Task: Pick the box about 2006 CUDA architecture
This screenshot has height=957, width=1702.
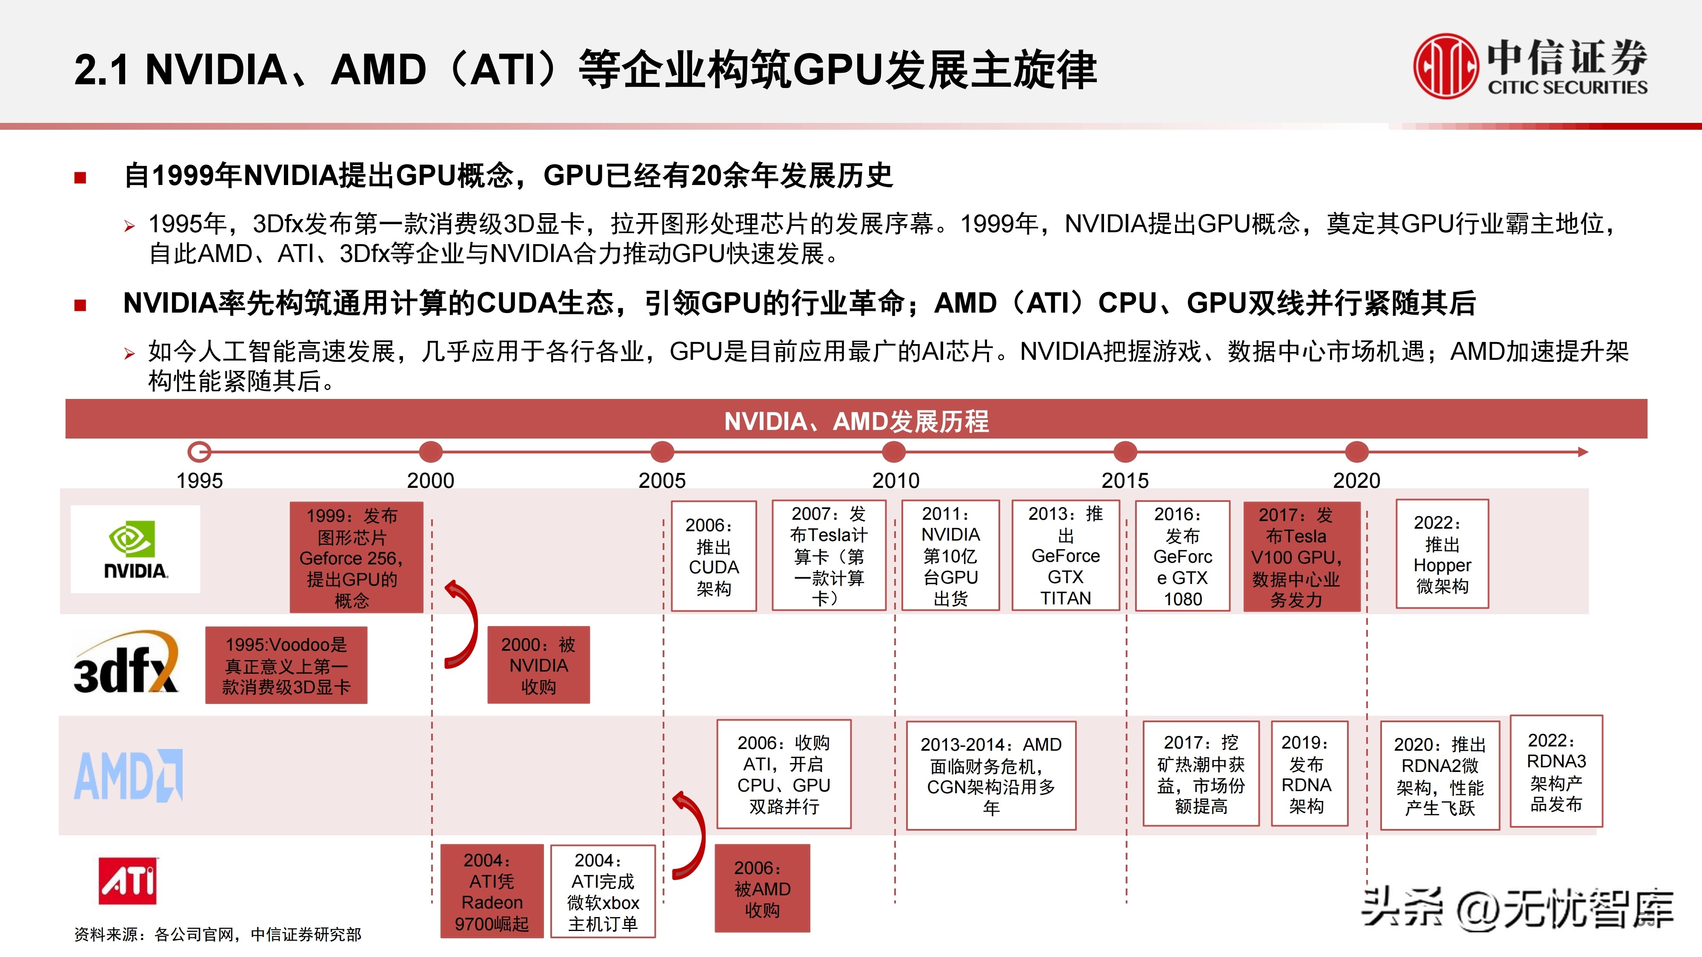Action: [x=714, y=556]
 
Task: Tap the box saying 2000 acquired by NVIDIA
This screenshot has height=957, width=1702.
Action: [x=538, y=665]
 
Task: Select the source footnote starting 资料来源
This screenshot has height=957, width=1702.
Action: [x=217, y=934]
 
